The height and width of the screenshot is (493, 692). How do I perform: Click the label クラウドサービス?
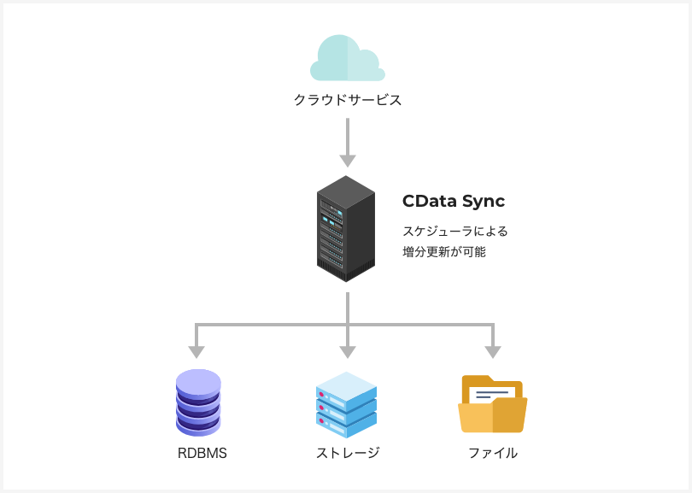tap(347, 100)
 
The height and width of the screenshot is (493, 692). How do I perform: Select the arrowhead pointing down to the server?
tap(347, 161)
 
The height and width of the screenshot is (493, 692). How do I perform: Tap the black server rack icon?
tap(346, 229)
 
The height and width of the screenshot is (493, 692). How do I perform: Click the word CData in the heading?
tap(429, 202)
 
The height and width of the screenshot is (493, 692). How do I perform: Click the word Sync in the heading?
tap(484, 202)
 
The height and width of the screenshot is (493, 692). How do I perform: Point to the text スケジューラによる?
tap(454, 231)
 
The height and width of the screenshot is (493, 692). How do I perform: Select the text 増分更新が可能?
tap(443, 252)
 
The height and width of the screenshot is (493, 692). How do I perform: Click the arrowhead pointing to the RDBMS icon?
tap(196, 351)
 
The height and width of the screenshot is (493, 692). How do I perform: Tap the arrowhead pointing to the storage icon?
tap(347, 351)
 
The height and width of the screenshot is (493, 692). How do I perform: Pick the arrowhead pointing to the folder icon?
tap(493, 351)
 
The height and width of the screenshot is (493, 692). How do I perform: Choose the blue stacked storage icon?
tap(346, 405)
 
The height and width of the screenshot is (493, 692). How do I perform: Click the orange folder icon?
tap(492, 405)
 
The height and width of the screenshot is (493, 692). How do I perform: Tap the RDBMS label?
tap(202, 454)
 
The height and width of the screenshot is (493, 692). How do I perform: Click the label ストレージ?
tap(347, 454)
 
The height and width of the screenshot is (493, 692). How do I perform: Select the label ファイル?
tap(492, 454)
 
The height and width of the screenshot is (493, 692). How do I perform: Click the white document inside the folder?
tap(490, 395)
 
